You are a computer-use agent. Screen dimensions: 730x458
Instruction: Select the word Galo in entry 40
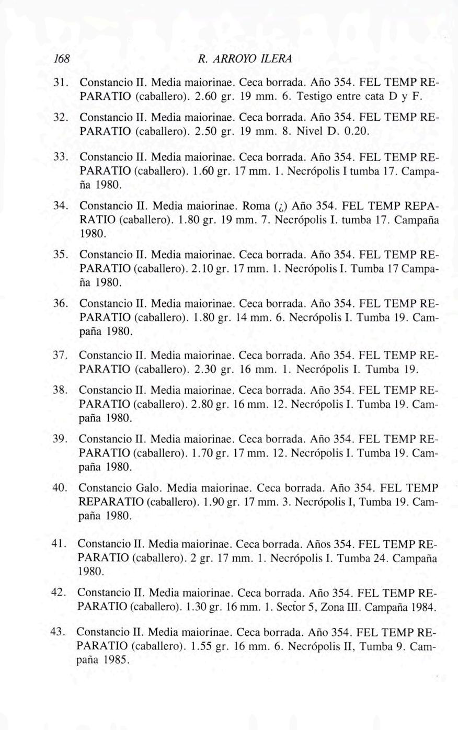tap(149, 488)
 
